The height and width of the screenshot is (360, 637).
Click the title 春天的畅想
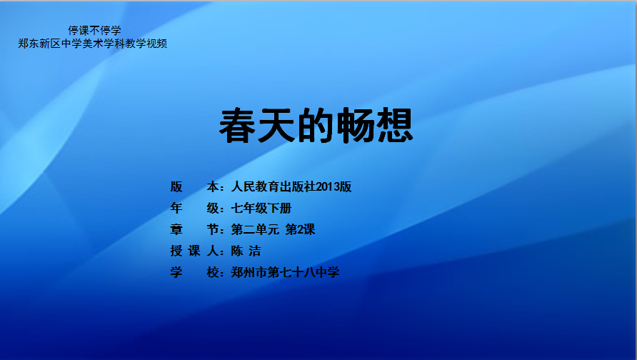(316, 126)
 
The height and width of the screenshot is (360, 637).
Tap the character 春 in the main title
(238, 126)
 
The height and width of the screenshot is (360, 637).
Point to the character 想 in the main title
(395, 126)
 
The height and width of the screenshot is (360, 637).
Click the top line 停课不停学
(94, 31)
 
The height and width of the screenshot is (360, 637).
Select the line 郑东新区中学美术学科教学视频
(93, 44)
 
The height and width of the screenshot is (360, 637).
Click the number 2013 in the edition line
(328, 186)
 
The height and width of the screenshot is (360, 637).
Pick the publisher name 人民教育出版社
(274, 186)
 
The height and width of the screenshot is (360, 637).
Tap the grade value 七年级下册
(261, 208)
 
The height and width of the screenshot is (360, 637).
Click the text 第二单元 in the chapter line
(255, 229)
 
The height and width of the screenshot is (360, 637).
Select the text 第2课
(300, 229)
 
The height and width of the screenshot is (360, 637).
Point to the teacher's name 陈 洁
(246, 251)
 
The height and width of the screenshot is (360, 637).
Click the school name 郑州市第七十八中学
(285, 272)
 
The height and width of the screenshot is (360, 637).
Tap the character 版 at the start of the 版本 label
(176, 186)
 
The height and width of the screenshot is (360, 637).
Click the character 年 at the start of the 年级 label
(176, 208)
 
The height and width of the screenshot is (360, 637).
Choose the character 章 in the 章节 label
(176, 229)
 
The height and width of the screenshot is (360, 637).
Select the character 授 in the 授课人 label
(176, 251)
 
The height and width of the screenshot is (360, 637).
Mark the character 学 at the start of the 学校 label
(176, 272)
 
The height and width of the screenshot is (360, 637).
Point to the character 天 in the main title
(276, 126)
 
